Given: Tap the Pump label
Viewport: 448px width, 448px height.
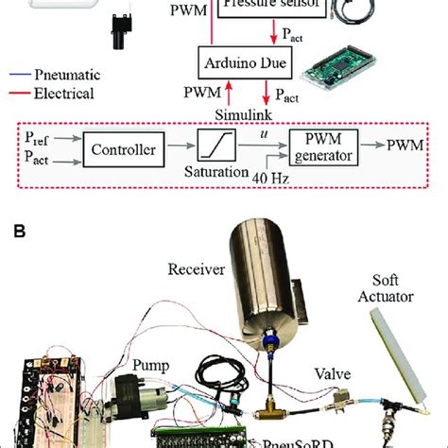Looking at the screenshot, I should [151, 360].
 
